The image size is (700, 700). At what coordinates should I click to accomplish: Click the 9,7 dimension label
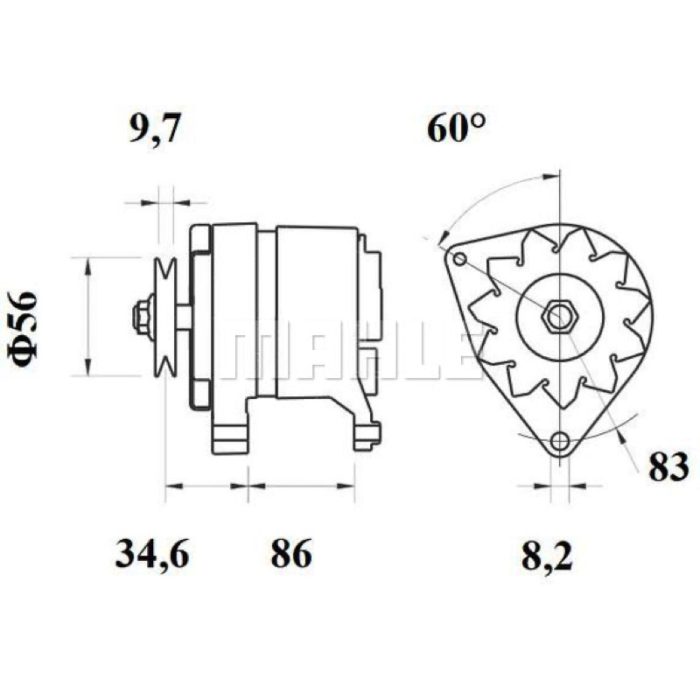click(155, 129)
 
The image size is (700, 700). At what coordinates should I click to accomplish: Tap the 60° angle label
click(456, 128)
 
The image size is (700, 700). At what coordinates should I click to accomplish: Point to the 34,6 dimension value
click(152, 554)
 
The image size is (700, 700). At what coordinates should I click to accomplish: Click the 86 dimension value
click(291, 553)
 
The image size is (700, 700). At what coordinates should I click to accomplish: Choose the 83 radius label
click(668, 467)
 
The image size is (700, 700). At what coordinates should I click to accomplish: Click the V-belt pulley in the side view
click(164, 318)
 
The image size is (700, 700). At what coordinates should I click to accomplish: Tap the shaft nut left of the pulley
click(143, 317)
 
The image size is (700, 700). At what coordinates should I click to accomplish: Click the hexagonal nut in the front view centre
click(559, 318)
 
